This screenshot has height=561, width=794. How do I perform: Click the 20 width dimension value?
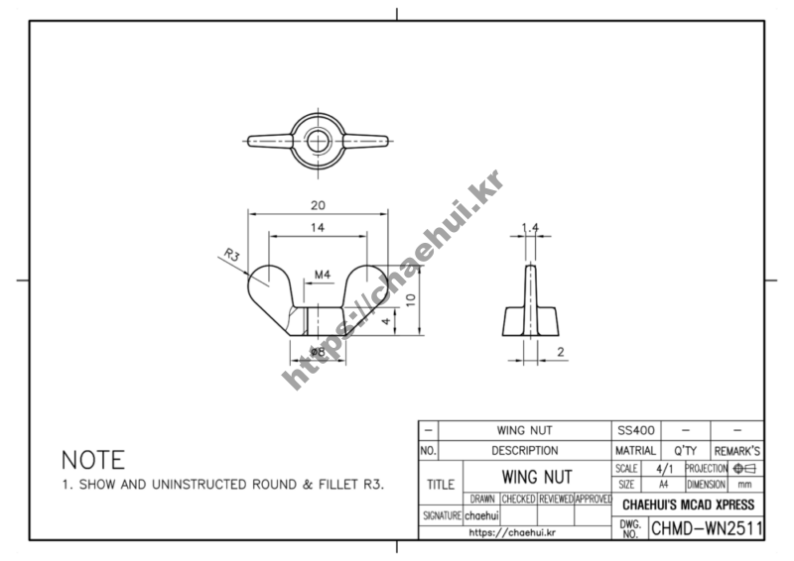pos(318,205)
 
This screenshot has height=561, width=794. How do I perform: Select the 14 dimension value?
pos(318,228)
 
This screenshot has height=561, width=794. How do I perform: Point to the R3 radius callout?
pos(231,255)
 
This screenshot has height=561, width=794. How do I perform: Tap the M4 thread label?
pos(323,275)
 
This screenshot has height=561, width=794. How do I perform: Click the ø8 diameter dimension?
pos(318,352)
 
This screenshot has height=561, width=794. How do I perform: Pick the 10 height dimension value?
pos(411,299)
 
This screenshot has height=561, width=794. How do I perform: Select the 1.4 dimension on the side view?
pos(530,228)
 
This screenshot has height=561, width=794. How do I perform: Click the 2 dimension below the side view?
pos(560,352)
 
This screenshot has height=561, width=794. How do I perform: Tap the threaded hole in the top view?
pos(318,141)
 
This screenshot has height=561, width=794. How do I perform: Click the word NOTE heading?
pos(93,460)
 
